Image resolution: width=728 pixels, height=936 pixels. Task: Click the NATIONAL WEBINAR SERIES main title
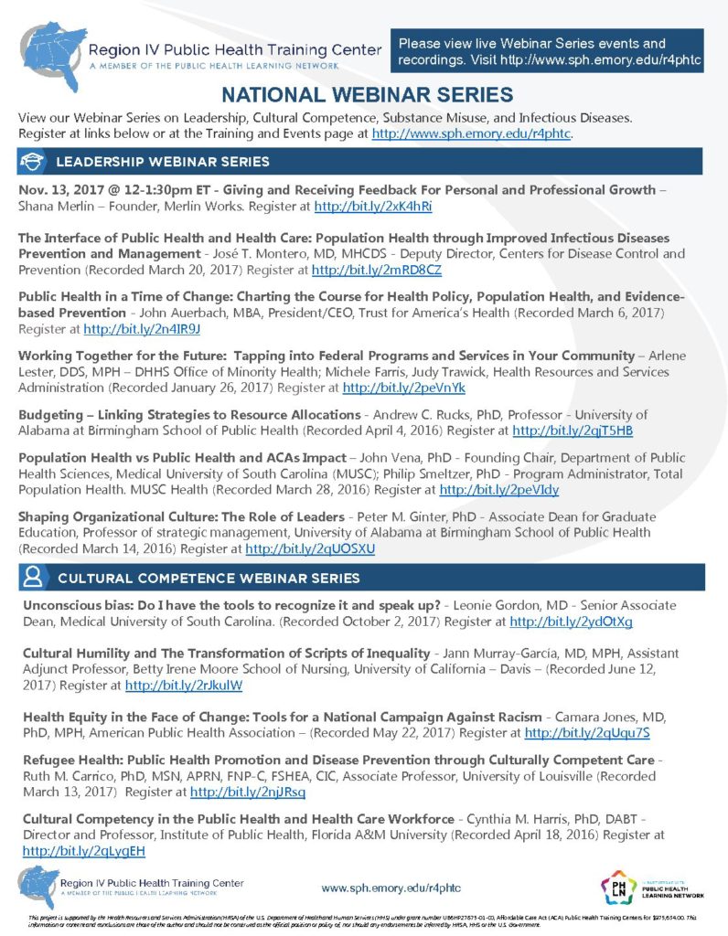367,95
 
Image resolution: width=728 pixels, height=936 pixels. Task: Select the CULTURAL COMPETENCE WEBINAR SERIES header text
209,579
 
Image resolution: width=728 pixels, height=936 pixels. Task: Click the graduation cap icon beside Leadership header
33,162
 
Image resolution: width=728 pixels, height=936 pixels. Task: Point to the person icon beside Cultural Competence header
33,578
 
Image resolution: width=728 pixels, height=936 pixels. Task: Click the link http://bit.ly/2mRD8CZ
376,271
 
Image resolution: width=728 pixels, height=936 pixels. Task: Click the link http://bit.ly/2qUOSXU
310,548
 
